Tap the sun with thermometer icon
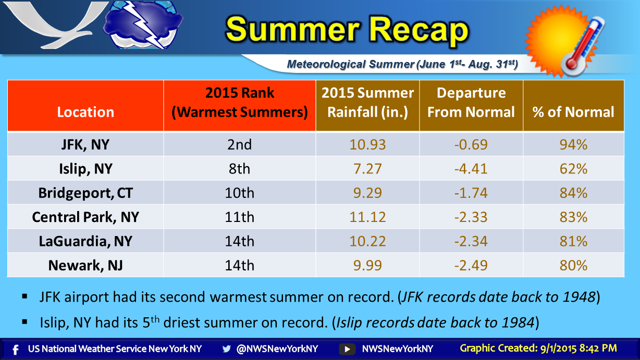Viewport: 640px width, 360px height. [x=564, y=42]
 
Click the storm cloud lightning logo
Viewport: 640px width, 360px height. [x=143, y=24]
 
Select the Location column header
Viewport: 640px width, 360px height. [x=85, y=111]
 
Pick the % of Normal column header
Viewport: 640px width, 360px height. [x=573, y=111]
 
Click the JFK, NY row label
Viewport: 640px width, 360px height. [x=85, y=144]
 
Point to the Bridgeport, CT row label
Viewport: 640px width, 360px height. [x=85, y=193]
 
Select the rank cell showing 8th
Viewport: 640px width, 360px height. [x=239, y=169]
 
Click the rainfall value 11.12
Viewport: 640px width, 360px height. [x=367, y=217]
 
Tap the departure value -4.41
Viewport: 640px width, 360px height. [x=471, y=169]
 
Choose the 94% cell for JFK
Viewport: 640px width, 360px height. [x=573, y=144]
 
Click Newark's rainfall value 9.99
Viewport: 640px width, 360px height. [x=367, y=265]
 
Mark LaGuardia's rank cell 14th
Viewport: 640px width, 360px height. [x=239, y=241]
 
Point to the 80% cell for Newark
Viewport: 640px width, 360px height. [x=573, y=265]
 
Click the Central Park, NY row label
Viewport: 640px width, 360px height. [x=85, y=217]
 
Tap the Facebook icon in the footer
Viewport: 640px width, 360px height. [x=16, y=350]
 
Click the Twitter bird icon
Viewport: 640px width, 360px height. [x=226, y=349]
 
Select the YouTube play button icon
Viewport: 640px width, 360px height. [x=347, y=349]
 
